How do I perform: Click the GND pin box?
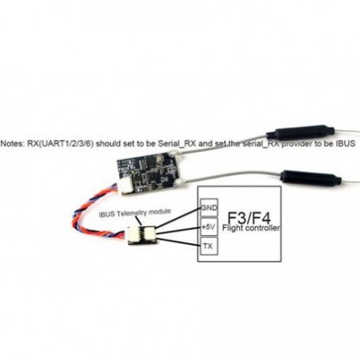[209, 207]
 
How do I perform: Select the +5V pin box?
[209, 226]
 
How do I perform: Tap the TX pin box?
[209, 246]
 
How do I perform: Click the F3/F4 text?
[249, 218]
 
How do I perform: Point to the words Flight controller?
[251, 228]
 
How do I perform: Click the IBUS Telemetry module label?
[135, 213]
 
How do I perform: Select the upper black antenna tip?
[301, 133]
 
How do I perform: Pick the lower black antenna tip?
[311, 178]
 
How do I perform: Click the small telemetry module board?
[142, 235]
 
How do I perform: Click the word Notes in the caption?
[13, 144]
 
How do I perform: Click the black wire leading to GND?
[178, 218]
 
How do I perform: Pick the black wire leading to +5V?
[178, 230]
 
